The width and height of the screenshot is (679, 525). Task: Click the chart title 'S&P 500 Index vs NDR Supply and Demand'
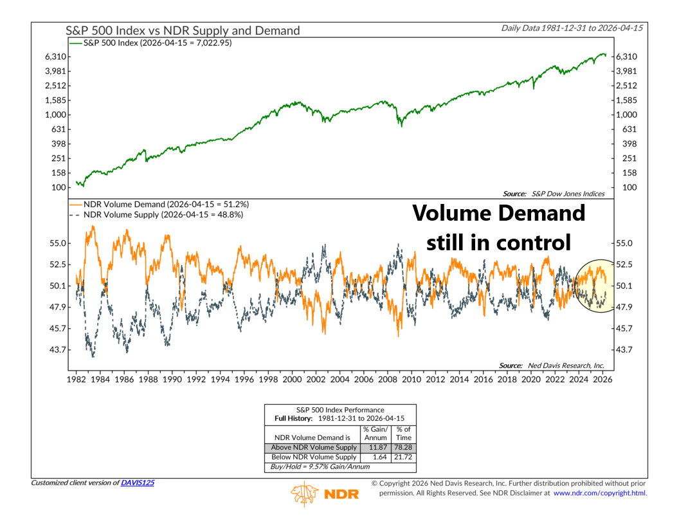tap(183, 30)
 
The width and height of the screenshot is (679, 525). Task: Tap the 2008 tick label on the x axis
tap(387, 380)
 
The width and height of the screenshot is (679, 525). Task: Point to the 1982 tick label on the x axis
tap(77, 380)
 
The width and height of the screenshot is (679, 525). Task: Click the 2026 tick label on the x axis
tap(602, 380)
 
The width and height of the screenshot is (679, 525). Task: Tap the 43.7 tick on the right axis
tap(626, 349)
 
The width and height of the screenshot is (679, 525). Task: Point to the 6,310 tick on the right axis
tap(626, 57)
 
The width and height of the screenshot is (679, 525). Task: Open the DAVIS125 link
tap(137, 483)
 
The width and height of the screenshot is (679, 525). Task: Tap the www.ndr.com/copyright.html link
tap(599, 493)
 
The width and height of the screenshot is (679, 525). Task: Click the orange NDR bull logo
tap(306, 493)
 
